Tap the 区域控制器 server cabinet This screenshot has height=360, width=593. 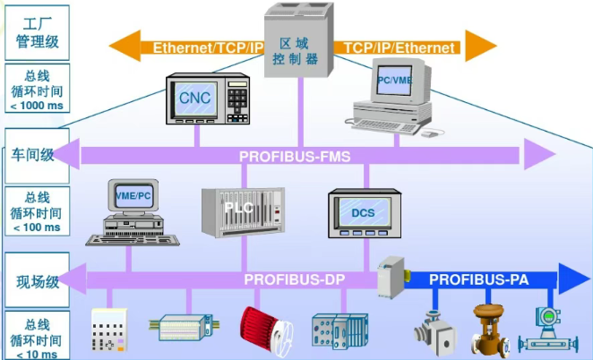[298, 45]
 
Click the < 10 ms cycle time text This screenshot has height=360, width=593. [35, 353]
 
